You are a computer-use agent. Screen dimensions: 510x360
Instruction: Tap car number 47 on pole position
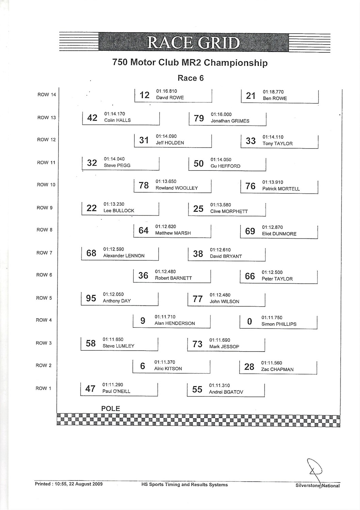[90, 389]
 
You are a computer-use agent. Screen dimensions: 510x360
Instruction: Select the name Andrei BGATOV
[226, 392]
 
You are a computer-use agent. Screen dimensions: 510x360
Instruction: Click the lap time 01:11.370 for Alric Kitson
[165, 362]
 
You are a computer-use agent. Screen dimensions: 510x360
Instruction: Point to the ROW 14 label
[47, 95]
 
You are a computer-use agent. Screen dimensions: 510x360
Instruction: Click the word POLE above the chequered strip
[111, 409]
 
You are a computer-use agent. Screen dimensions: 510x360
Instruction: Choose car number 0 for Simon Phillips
[249, 322]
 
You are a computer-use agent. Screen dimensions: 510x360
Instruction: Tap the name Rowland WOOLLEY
[177, 188]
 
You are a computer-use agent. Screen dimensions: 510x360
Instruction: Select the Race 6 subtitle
[191, 78]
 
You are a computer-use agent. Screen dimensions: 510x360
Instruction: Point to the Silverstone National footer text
[317, 486]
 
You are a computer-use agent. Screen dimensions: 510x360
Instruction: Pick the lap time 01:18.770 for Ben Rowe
[273, 92]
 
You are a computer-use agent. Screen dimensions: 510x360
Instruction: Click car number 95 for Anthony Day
[91, 298]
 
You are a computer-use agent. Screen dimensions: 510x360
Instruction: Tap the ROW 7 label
[44, 253]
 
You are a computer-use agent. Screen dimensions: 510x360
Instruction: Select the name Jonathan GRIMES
[230, 121]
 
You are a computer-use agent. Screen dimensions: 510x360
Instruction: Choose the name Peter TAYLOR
[277, 279]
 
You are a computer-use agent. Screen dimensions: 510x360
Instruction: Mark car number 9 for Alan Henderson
[143, 321]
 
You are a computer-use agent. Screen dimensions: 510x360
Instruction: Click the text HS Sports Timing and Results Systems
[184, 485]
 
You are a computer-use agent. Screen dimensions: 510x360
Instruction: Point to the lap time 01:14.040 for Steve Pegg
[114, 159]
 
